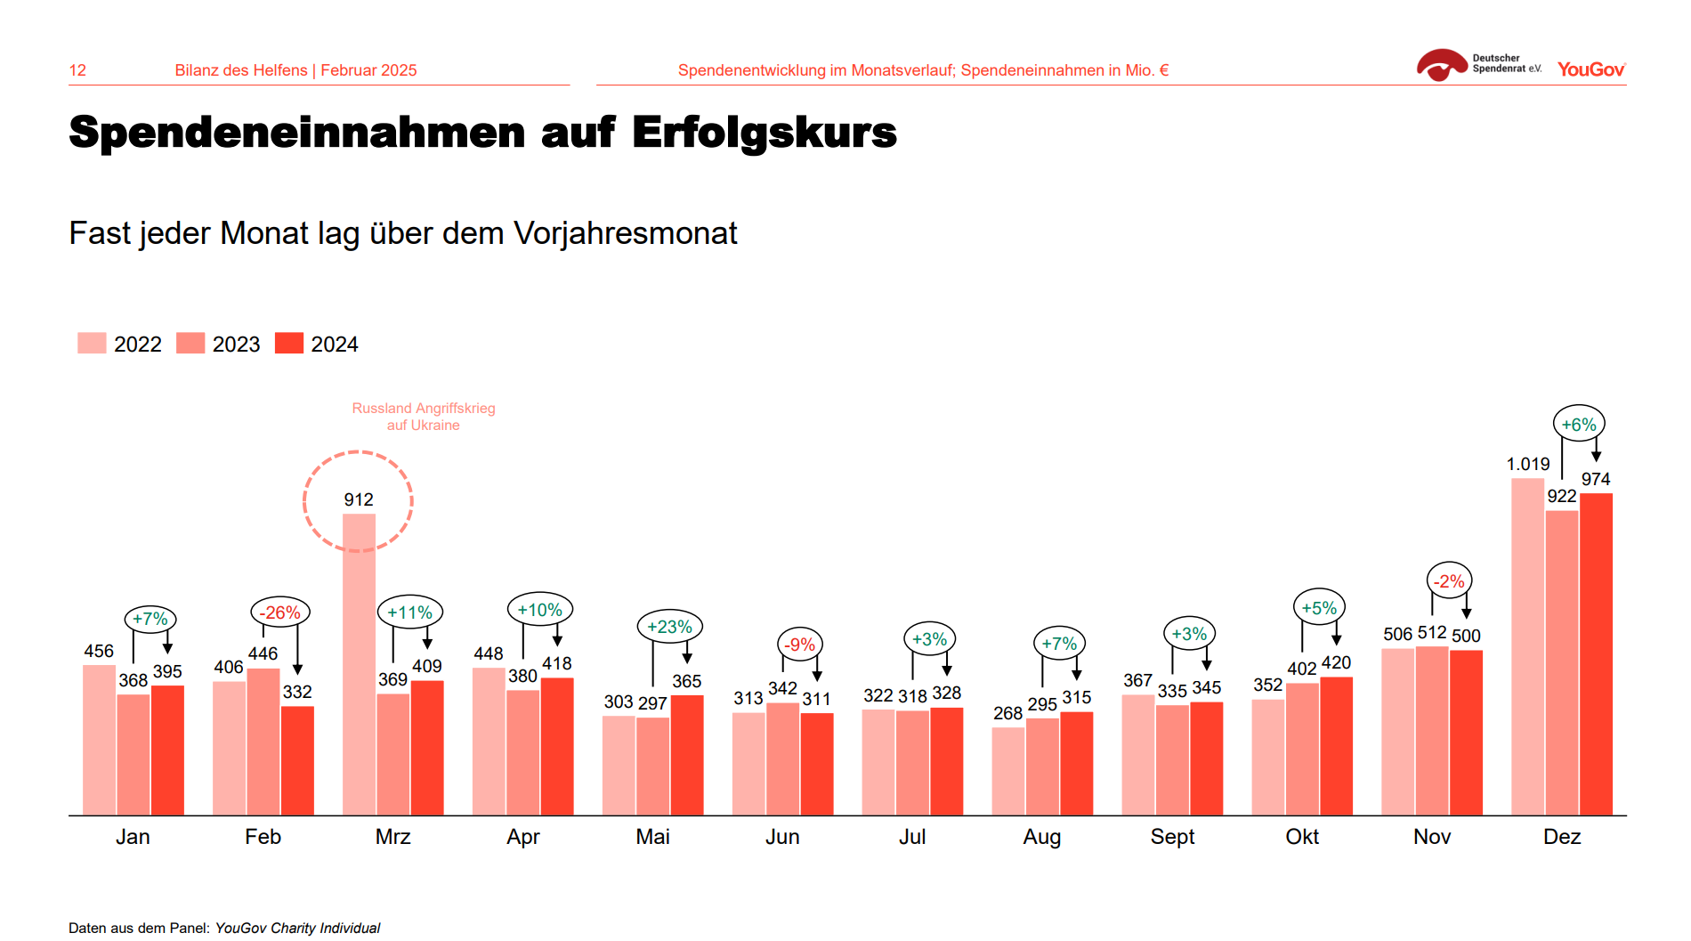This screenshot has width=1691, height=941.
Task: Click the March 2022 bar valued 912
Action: tap(359, 663)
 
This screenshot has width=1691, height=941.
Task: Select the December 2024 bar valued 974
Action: tap(1596, 654)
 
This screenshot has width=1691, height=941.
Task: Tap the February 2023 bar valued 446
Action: tap(263, 742)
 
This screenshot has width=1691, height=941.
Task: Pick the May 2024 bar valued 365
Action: tap(687, 755)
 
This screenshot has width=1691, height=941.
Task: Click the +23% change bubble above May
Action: tap(670, 627)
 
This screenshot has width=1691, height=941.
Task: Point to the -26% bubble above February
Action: tap(280, 612)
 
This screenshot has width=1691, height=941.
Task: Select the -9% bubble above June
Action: tap(800, 645)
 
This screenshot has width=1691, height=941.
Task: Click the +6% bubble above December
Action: tap(1579, 425)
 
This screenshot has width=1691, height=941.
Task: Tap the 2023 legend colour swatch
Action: tap(190, 344)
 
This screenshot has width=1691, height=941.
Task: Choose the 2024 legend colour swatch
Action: tap(289, 344)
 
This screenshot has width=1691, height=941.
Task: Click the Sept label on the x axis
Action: tap(1172, 837)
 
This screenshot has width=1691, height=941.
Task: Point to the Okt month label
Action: tap(1302, 837)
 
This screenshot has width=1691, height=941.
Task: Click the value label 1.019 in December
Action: tap(1527, 464)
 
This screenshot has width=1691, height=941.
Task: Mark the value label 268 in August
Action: tap(1007, 713)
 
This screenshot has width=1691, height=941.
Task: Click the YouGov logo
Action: tap(1591, 69)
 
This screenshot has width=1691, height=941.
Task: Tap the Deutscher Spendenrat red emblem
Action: tap(1441, 65)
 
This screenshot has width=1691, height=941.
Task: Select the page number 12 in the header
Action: tap(77, 70)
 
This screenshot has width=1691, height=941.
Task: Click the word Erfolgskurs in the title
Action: tap(765, 133)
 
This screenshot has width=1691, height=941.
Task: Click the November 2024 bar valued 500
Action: tap(1466, 732)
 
